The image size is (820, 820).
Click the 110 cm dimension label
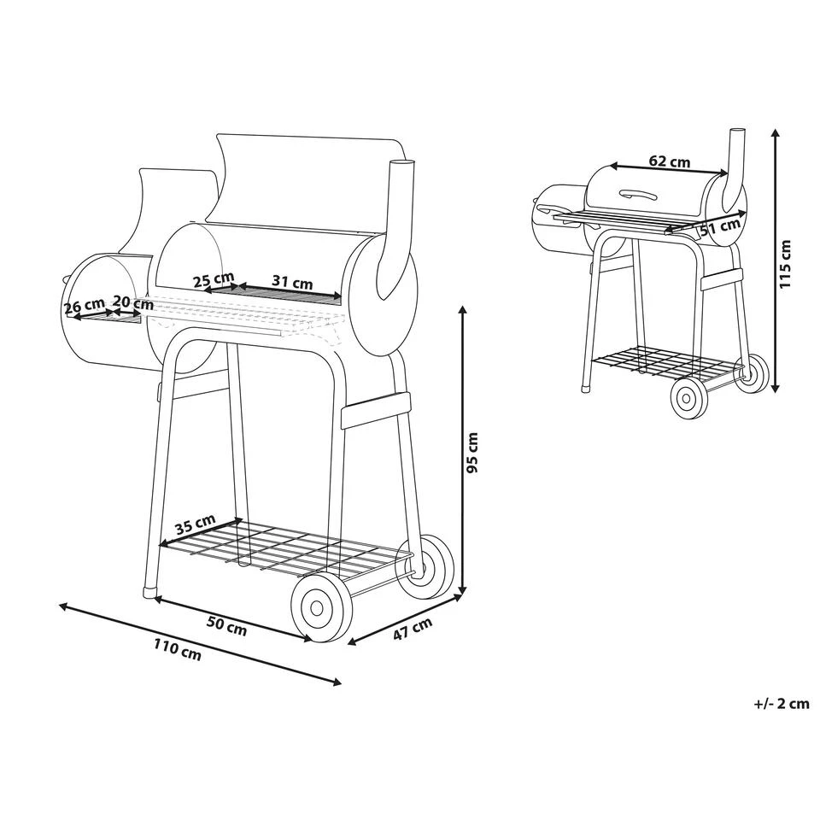(x=178, y=651)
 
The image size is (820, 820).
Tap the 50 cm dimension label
(x=227, y=626)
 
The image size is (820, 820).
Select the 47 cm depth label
(x=413, y=630)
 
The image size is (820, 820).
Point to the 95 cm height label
(x=472, y=453)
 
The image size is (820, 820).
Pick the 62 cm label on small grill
(x=670, y=161)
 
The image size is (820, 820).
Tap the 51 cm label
(x=720, y=228)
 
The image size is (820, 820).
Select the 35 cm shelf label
(x=195, y=524)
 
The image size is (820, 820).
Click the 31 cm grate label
(x=292, y=283)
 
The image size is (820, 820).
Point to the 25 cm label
(x=214, y=280)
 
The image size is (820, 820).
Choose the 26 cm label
(x=85, y=306)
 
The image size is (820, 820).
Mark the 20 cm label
(x=133, y=302)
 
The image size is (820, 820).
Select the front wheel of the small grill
(x=689, y=399)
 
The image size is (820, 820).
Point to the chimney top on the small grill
(x=738, y=131)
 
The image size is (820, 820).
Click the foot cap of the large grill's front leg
(x=149, y=593)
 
